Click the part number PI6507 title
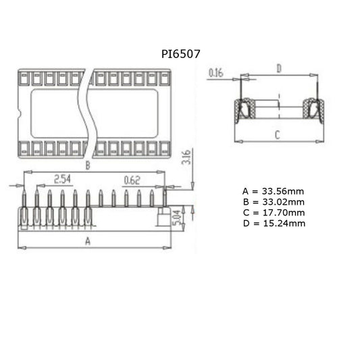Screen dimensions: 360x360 pos(180,52)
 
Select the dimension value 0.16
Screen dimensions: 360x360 pos(216,72)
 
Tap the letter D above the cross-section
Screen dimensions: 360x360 pos(279,68)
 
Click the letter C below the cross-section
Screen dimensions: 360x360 pos(277,134)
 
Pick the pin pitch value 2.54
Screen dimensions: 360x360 pos(63,179)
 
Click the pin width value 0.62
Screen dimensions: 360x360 pos(132,179)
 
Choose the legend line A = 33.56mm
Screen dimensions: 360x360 pos(273,192)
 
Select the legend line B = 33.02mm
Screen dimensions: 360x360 pos(273,202)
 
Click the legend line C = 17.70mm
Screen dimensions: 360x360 pos(273,212)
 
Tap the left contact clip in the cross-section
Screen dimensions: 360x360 pos(242,109)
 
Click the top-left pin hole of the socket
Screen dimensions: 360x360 pos(24,78)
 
